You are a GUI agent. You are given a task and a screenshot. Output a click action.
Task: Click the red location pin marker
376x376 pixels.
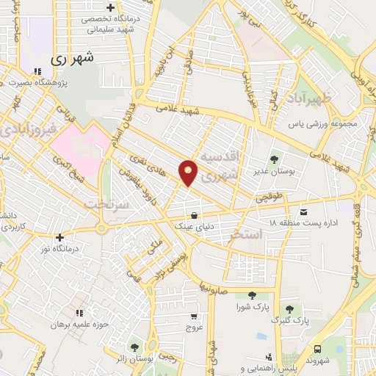189,173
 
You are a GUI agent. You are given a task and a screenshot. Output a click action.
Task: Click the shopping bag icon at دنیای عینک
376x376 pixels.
193,215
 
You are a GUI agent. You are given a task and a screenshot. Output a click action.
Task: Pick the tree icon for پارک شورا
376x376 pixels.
252,295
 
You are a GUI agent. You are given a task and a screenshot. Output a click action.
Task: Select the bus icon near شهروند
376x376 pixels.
317,349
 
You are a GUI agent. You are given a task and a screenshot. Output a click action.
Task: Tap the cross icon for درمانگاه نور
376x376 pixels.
59,237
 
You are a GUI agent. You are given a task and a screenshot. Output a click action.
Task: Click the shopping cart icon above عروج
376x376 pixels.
193,317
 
